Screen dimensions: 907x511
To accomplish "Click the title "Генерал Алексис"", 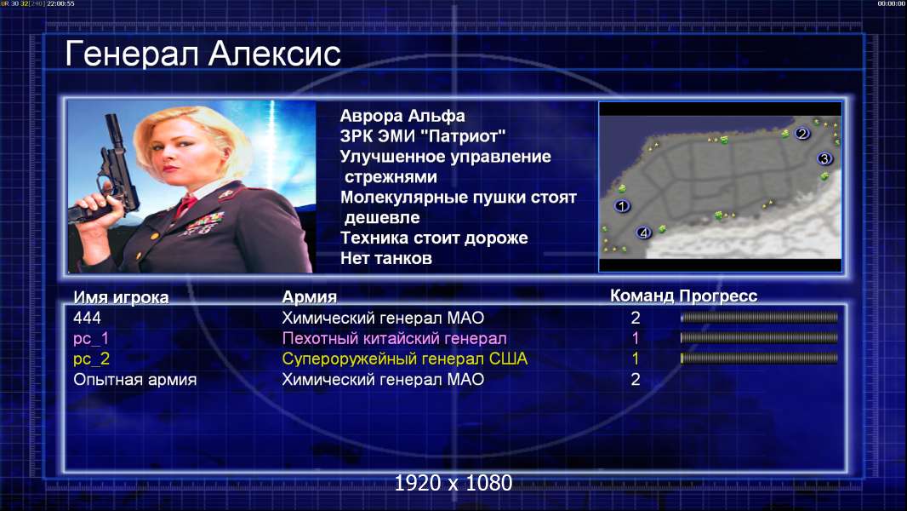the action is pos(203,54).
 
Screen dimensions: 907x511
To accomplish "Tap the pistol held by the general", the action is pos(110,174).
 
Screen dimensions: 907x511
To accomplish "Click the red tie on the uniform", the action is pos(185,204).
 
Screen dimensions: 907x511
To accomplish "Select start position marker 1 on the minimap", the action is pos(622,205).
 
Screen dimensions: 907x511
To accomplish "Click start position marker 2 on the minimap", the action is pos(801,134).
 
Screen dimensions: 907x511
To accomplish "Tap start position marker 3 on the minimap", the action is pos(824,158).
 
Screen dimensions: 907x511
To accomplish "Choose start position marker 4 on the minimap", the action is pos(643,233).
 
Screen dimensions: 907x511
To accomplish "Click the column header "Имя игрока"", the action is pos(121,297).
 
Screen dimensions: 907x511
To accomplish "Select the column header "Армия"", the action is pos(309,297).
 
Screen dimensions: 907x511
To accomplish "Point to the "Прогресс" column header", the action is pos(718,296).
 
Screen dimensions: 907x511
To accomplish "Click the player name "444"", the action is pos(87,318).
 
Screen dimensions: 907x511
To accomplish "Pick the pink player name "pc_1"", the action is pos(91,339).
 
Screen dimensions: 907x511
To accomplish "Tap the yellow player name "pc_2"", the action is pos(91,359).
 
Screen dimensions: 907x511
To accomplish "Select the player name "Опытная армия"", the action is pos(134,380).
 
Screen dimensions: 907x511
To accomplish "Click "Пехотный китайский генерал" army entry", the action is pos(394,339).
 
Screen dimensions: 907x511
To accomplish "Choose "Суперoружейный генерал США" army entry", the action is pos(404,359).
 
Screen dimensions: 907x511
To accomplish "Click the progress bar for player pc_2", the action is pos(759,359).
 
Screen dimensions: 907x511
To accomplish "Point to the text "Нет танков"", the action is pos(385,258).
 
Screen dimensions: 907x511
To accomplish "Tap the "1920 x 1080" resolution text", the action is pos(453,483).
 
